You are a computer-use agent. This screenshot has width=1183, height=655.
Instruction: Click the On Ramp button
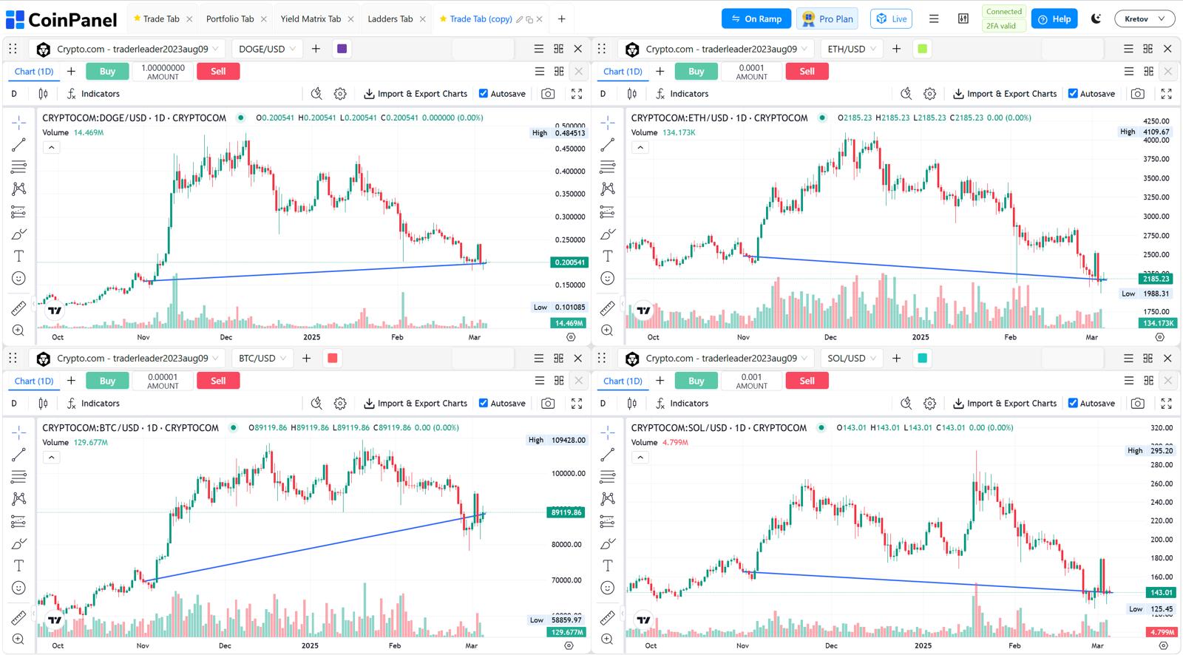pyautogui.click(x=756, y=18)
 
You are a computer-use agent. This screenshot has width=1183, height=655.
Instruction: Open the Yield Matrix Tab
pyautogui.click(x=310, y=18)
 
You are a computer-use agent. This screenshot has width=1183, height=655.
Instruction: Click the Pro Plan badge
pyautogui.click(x=827, y=18)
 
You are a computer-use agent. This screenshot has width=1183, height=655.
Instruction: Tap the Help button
pyautogui.click(x=1054, y=18)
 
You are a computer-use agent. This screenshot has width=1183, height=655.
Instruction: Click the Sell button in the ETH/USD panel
pyautogui.click(x=807, y=71)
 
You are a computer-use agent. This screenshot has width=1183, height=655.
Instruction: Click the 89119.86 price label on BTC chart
pyautogui.click(x=566, y=512)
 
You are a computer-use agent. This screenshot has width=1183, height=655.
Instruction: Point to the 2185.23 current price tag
pyautogui.click(x=1156, y=279)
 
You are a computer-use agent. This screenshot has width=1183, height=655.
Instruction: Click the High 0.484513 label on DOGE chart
pyautogui.click(x=560, y=133)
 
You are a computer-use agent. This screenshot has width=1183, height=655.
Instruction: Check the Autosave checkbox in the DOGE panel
pyautogui.click(x=484, y=94)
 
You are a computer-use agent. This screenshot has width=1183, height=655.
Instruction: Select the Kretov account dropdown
pyautogui.click(x=1144, y=18)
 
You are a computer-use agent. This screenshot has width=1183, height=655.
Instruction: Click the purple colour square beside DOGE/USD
pyautogui.click(x=342, y=49)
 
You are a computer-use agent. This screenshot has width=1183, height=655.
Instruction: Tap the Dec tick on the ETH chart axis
pyautogui.click(x=830, y=337)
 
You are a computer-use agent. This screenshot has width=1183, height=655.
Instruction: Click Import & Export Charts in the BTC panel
pyautogui.click(x=416, y=404)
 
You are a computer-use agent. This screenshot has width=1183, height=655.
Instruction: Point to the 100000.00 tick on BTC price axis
pyautogui.click(x=568, y=473)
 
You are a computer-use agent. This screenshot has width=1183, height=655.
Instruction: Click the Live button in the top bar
pyautogui.click(x=891, y=18)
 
